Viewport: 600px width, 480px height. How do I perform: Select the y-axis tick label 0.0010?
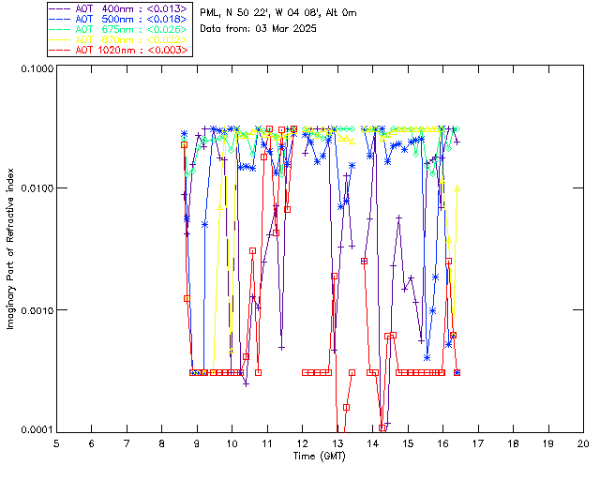34,310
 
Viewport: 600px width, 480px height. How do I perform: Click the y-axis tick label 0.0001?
34,430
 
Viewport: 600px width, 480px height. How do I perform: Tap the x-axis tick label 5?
56,442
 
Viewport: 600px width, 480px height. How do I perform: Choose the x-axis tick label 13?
337,442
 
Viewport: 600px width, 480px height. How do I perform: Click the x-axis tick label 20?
583,442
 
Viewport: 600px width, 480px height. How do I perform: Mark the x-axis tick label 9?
197,442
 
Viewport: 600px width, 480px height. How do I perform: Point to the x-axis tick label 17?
478,442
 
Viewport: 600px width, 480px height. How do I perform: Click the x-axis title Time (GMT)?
320,456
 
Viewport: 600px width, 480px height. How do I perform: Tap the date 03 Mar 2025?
288,28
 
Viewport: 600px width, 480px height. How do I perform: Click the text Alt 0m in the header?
338,12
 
